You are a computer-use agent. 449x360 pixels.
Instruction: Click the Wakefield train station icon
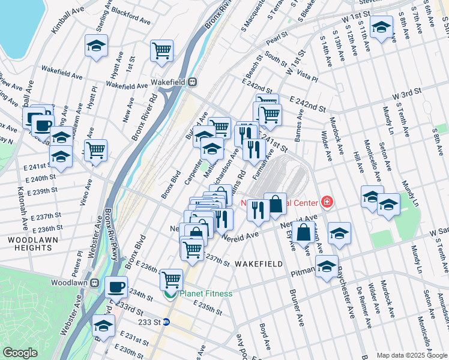click(192, 82)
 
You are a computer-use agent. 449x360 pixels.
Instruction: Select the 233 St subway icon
click(167, 322)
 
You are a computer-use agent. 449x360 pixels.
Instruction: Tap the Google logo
click(20, 352)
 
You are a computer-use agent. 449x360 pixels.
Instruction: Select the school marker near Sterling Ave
click(95, 47)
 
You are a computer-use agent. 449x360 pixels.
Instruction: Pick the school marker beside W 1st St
click(381, 27)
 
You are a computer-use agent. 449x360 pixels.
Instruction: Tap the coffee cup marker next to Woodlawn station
click(116, 286)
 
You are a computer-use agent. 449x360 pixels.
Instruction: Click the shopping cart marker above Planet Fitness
click(171, 279)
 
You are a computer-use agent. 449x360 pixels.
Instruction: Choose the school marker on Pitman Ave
click(327, 266)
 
